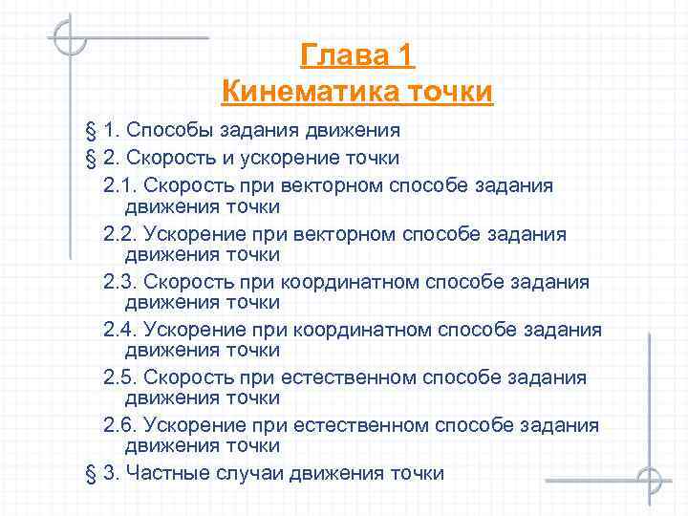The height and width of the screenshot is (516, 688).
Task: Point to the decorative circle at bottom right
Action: [x=648, y=480]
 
